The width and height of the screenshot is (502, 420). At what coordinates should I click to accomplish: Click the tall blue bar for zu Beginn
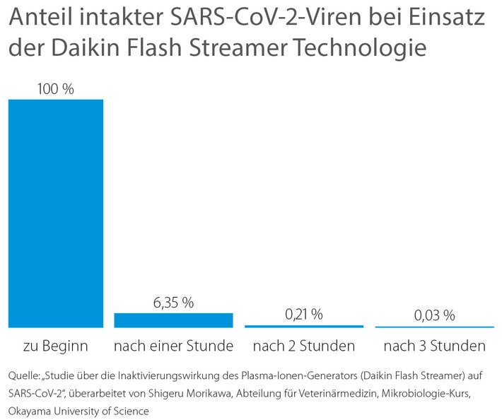55,212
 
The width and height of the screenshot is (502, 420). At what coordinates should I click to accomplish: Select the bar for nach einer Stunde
173,320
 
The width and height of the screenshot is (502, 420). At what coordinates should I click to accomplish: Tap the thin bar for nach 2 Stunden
304,326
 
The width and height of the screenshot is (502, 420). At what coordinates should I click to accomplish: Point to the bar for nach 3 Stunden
434,327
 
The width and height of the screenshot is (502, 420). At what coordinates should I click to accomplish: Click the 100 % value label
55,89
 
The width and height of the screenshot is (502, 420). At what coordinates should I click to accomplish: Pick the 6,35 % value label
173,303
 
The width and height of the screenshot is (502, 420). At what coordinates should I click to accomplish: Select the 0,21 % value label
304,315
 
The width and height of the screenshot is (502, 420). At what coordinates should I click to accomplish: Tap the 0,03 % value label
434,315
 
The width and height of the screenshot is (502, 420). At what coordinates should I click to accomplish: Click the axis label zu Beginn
55,346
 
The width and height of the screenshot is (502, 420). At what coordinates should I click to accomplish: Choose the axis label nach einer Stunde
173,346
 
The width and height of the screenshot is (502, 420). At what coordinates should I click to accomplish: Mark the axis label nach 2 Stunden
304,346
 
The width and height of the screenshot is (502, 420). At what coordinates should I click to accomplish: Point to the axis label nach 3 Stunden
434,346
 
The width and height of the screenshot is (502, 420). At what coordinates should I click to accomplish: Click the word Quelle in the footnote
25,375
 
